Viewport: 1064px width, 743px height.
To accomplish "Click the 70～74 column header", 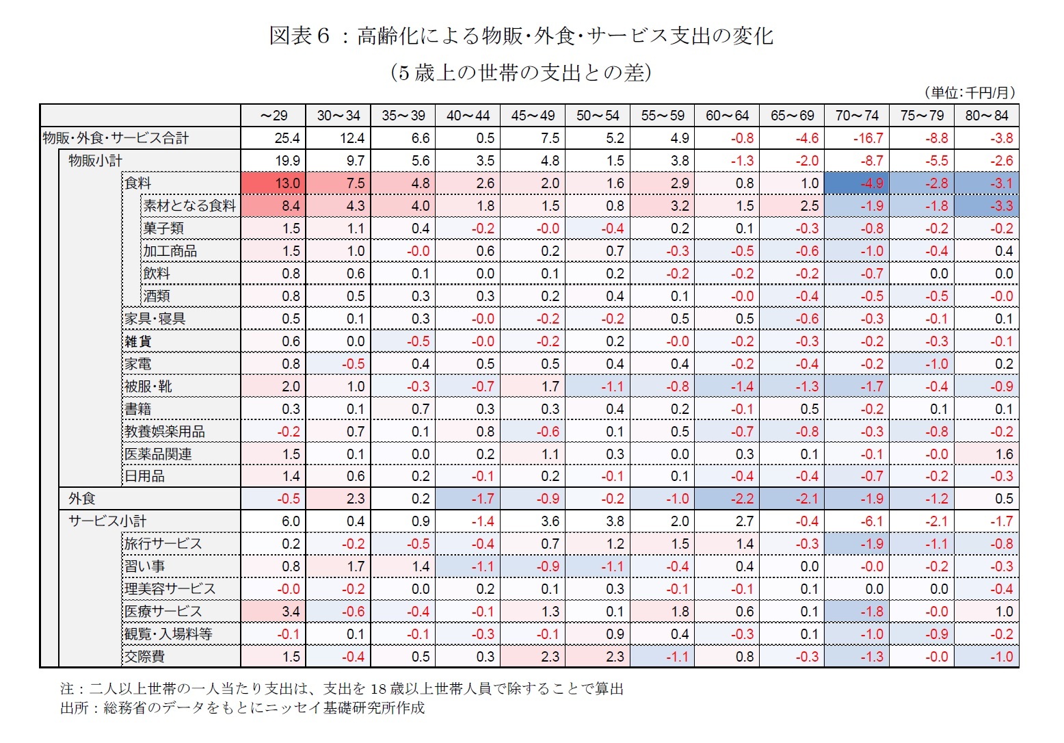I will pos(857,116).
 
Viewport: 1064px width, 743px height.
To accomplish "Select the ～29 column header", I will pos(274,116).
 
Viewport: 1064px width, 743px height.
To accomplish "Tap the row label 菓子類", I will pos(163,229).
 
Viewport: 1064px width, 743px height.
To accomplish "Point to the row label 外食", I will pos(82,499).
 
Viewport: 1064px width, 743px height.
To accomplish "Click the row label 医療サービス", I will pos(163,612).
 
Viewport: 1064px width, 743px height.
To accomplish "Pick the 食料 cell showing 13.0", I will pos(274,183).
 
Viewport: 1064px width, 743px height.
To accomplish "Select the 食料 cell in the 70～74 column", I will pos(857,183).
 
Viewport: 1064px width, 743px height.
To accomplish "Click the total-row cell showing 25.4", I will pos(274,138).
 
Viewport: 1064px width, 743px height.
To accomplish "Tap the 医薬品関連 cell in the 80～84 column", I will pos(987,454).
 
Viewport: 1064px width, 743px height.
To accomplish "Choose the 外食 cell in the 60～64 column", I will pos(728,499).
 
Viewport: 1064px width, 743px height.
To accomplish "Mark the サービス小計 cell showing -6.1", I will pos(857,521).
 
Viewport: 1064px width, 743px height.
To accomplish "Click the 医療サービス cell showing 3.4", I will pos(274,612).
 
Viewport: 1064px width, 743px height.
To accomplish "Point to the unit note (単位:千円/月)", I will pos(969,92).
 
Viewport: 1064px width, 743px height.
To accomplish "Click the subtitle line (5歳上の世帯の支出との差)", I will pos(520,73).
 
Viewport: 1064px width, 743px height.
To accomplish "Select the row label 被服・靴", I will pos(148,387).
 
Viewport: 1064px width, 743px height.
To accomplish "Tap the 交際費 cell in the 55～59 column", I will pos(663,657).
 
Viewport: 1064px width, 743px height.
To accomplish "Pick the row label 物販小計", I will pos(95,161).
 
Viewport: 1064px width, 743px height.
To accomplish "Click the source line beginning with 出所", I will pos(242,708).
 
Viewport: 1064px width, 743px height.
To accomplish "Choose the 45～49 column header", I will pos(533,116).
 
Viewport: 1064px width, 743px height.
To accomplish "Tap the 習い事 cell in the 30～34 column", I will pos(338,566).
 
